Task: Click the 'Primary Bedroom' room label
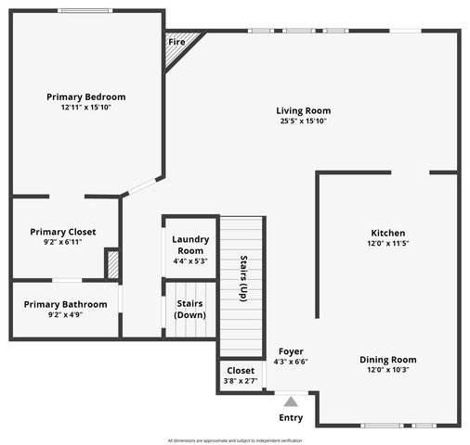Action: pos(86,96)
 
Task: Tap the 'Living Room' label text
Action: pos(304,110)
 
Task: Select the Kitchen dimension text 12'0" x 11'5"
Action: pos(388,243)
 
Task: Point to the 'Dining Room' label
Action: pos(388,360)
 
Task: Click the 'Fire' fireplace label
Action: pos(176,42)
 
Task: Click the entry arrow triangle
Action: pos(291,401)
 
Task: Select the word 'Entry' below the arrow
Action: pos(291,417)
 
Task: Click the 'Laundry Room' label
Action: pos(190,245)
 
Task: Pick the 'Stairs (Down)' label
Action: pos(190,309)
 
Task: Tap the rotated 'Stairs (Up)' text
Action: pos(243,277)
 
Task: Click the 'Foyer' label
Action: pos(291,351)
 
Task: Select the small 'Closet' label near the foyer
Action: pos(241,370)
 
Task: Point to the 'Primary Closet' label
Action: pos(62,232)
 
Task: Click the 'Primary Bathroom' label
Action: pos(65,304)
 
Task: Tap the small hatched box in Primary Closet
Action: pos(112,264)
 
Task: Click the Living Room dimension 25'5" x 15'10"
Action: pos(304,121)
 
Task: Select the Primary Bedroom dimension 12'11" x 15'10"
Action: pos(86,108)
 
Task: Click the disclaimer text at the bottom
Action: pos(235,439)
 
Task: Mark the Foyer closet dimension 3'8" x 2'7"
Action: pos(241,381)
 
